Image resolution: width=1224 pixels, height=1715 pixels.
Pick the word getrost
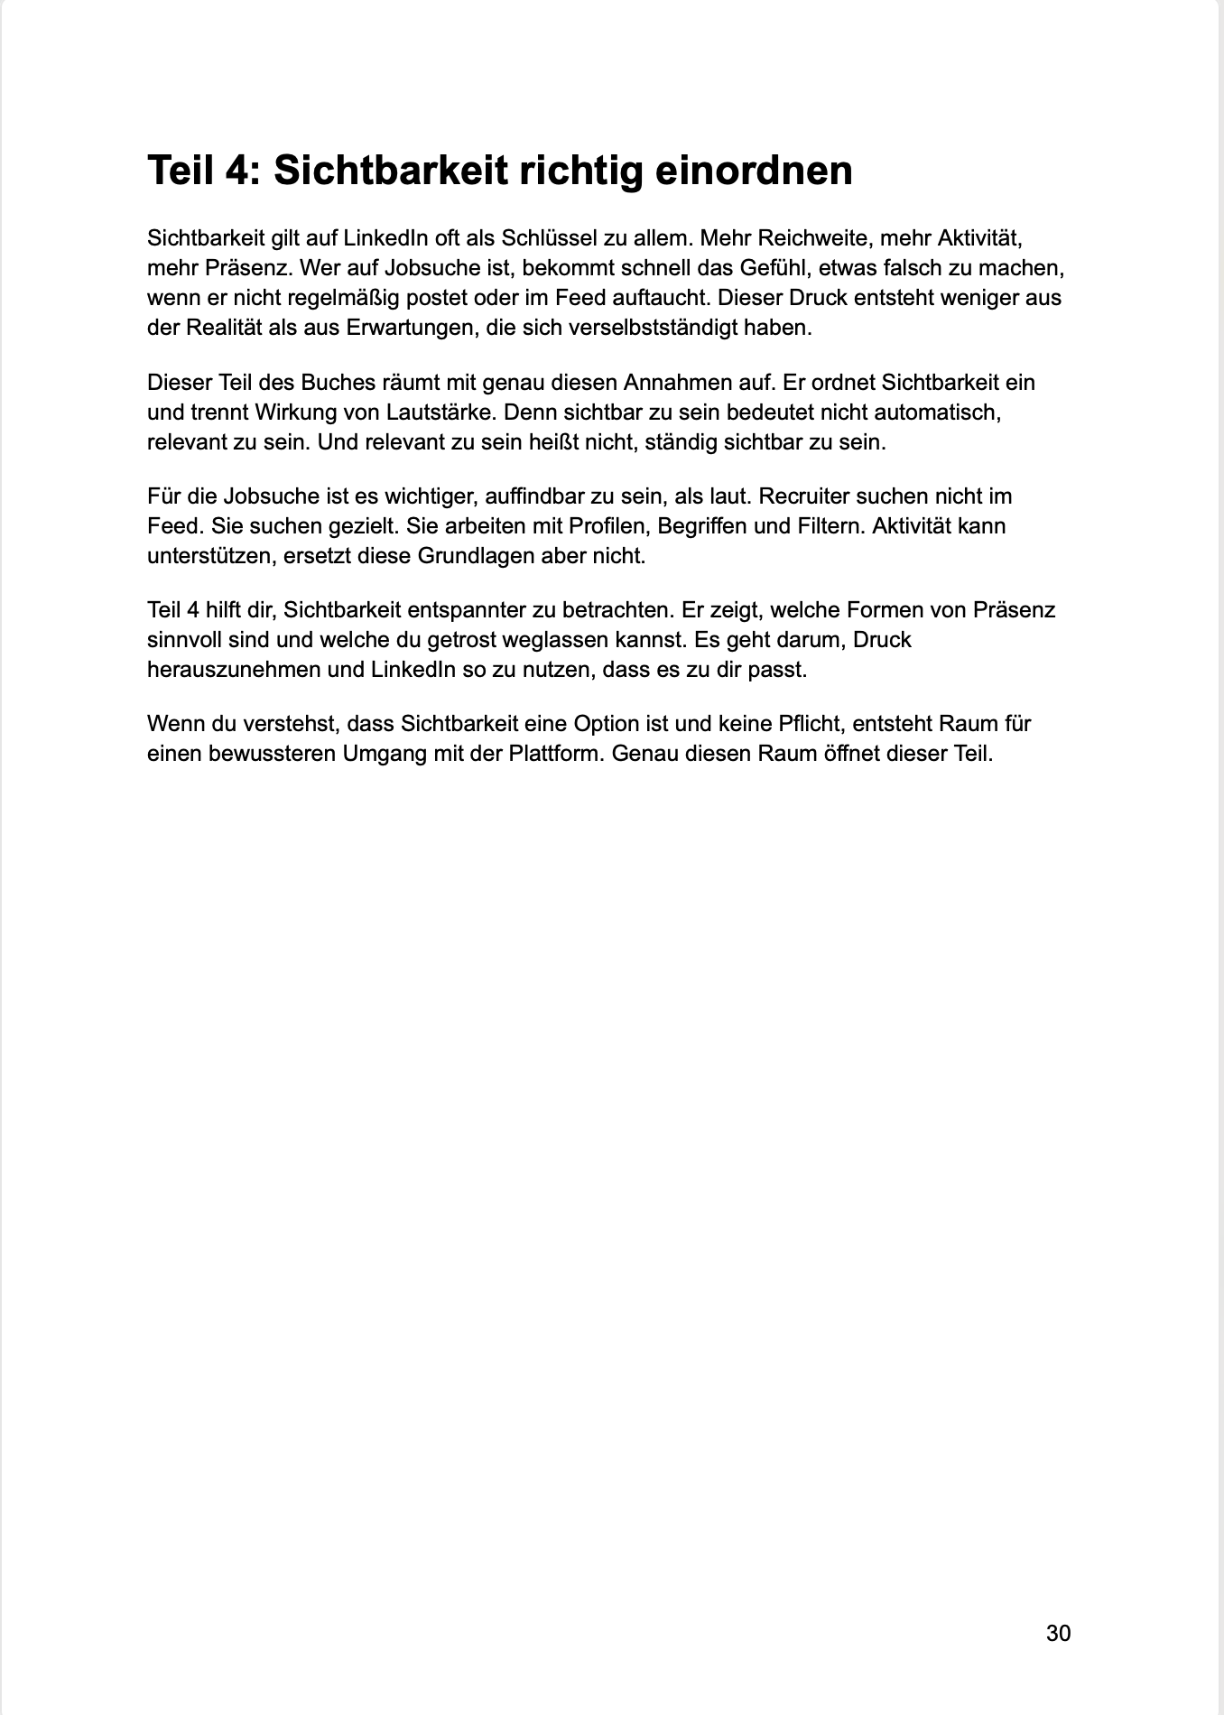[x=461, y=640]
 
